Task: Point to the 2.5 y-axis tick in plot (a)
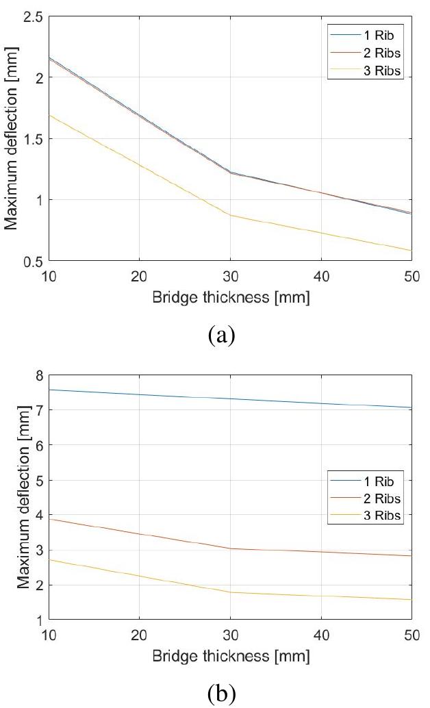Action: [30, 16]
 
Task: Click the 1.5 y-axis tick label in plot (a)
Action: [30, 139]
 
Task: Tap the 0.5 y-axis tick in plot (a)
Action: [30, 261]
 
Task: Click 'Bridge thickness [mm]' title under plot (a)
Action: [230, 299]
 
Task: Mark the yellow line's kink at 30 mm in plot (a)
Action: [230, 215]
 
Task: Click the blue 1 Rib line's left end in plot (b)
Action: [50, 390]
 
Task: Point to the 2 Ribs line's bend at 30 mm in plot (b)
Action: [230, 548]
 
